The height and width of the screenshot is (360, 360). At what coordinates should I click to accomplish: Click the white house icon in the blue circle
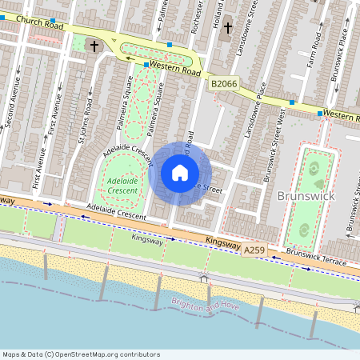(180, 172)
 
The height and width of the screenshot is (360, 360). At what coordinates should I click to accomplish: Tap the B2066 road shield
(225, 83)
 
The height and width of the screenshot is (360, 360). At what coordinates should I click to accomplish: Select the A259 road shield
(254, 251)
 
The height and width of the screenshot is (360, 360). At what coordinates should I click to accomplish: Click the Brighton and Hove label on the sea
(205, 306)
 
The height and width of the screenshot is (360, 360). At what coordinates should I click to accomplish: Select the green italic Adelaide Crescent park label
(122, 186)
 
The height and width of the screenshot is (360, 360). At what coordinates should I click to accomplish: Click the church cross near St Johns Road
(94, 46)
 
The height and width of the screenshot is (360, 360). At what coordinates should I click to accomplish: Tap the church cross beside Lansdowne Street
(227, 28)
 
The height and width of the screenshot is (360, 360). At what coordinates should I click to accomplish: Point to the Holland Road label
(219, 11)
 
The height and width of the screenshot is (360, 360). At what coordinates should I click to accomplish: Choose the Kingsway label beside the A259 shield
(222, 242)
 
